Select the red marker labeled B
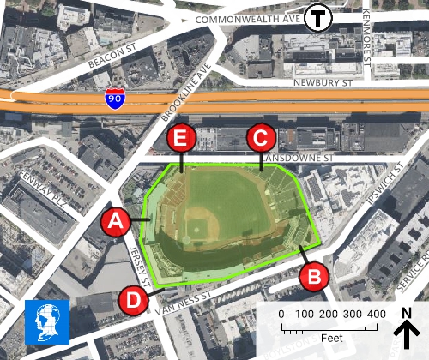click(x=314, y=275)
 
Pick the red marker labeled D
click(x=133, y=299)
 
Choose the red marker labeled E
click(x=182, y=137)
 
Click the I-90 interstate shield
click(x=114, y=99)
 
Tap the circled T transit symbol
click(x=321, y=16)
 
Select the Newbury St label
click(x=323, y=83)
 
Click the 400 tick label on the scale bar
click(x=376, y=315)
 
